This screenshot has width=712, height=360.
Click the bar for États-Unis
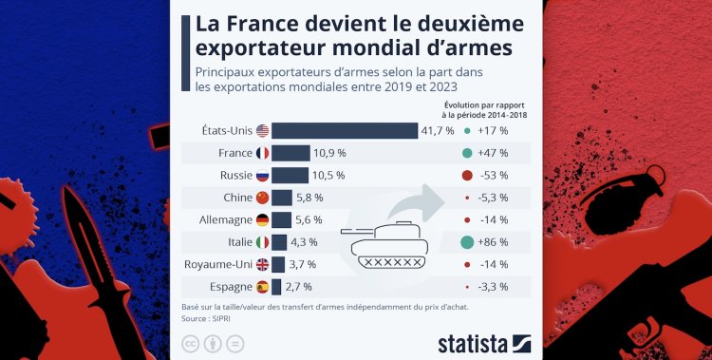[x=344, y=130]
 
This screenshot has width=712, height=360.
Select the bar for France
[x=290, y=153]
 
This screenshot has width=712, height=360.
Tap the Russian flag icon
[x=262, y=176]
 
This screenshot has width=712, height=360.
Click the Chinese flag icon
[x=262, y=198]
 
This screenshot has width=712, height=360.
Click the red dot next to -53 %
[x=466, y=176]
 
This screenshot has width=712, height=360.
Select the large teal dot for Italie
[x=466, y=242]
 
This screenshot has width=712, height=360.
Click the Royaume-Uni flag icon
[x=262, y=264]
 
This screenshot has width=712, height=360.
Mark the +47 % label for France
[x=494, y=153]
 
